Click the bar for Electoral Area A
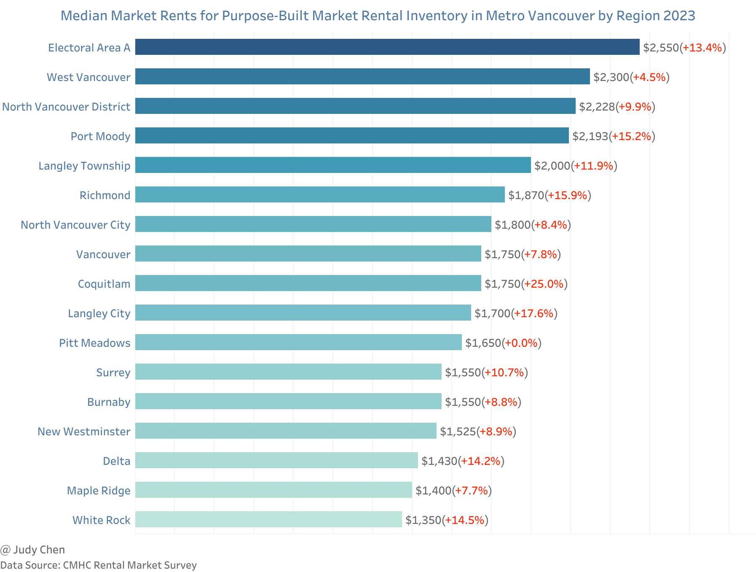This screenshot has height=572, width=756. (387, 47)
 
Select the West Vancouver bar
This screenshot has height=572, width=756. (362, 76)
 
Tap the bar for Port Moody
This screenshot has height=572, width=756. (352, 135)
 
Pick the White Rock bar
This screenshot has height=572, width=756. (268, 519)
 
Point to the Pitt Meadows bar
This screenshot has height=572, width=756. (298, 342)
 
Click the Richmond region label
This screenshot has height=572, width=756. (105, 195)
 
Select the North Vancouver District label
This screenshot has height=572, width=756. (66, 107)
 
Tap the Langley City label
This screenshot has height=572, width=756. (99, 313)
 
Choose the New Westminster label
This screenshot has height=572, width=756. (84, 432)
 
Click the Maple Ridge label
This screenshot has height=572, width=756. (99, 491)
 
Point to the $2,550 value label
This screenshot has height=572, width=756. (661, 48)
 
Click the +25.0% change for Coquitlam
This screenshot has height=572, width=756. (544, 284)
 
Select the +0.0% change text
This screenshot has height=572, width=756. (521, 343)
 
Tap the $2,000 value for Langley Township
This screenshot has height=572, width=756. (552, 166)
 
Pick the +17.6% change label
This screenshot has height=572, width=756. (534, 313)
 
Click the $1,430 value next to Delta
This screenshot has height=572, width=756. (439, 461)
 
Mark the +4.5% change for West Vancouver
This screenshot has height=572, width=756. (649, 77)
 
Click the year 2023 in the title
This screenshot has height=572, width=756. (679, 16)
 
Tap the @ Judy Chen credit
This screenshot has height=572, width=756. (32, 550)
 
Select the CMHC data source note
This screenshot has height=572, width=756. (98, 565)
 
